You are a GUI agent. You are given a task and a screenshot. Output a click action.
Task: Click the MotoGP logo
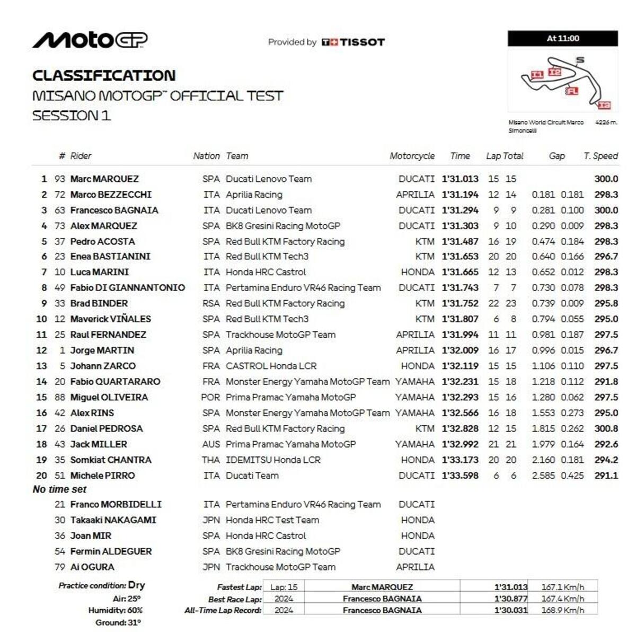(90, 40)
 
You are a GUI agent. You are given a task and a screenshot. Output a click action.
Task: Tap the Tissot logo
(353, 42)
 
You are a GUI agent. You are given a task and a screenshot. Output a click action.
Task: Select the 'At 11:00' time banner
(563, 38)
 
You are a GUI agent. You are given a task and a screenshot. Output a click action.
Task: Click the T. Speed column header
(600, 156)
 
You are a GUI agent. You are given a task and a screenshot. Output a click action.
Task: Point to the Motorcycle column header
(412, 156)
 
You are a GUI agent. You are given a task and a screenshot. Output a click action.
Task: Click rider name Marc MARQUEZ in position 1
(104, 179)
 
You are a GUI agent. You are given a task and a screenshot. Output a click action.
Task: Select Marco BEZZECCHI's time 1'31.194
(460, 195)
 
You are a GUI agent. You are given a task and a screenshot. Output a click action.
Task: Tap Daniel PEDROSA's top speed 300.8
(606, 428)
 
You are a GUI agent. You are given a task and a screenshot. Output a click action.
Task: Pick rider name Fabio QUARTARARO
(115, 382)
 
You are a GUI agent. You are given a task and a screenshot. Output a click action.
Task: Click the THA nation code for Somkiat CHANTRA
(210, 460)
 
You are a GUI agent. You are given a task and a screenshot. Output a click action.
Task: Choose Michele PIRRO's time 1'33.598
(460, 476)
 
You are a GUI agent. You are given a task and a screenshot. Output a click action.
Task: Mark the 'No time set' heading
(59, 489)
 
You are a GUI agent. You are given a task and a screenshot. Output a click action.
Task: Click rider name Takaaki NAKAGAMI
(113, 520)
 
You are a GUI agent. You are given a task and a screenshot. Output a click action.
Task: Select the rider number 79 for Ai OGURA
(60, 567)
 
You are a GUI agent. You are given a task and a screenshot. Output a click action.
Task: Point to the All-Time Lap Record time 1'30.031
(510, 610)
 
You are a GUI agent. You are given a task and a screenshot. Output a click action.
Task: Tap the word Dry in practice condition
(136, 585)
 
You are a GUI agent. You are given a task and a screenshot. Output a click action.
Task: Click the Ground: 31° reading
(118, 622)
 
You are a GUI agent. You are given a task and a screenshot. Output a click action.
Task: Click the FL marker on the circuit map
(571, 91)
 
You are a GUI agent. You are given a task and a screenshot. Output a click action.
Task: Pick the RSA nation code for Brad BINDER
(210, 303)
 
